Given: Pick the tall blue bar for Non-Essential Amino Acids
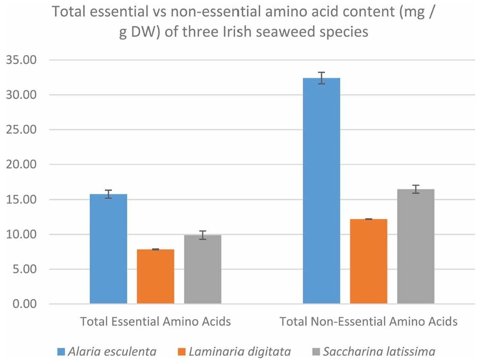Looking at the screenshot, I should point(322,190).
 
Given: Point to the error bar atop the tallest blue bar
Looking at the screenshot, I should point(322,78).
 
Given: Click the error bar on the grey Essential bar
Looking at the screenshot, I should point(203,235).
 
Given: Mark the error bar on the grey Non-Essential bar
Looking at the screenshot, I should point(416,189).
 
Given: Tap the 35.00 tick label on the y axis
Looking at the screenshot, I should point(20,60).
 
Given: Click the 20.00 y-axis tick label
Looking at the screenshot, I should point(20,165).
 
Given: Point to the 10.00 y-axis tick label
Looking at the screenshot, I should point(20,234).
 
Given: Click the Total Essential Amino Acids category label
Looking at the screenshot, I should point(155,322).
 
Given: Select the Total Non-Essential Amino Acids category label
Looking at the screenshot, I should point(368,322).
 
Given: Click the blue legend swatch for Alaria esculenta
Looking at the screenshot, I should point(61,352).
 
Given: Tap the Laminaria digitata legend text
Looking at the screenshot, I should point(240,352).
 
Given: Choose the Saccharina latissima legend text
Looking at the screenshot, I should point(379,352).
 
